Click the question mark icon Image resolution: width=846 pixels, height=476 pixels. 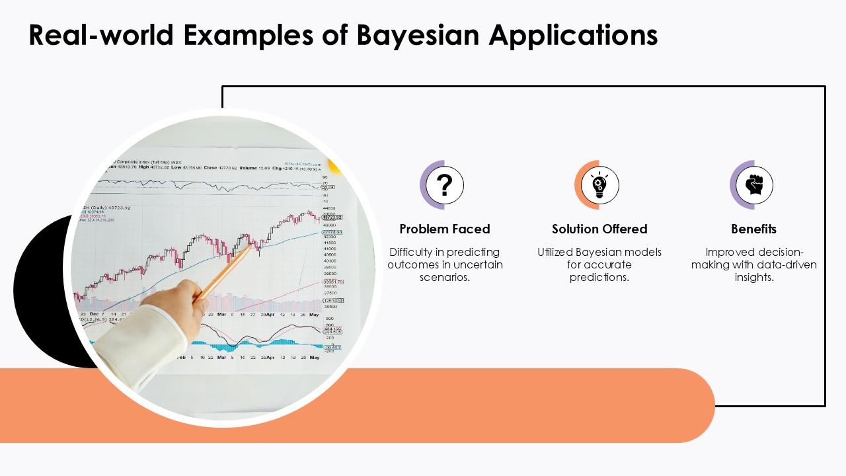445,185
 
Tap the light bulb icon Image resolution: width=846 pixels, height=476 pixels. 599,185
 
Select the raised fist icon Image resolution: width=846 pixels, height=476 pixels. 754,185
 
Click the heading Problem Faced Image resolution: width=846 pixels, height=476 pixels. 445,229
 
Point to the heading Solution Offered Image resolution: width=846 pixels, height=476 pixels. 599,229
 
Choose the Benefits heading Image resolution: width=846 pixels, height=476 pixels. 753,229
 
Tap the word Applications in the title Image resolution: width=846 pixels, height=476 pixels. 573,35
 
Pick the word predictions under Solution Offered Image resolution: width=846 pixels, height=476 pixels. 599,277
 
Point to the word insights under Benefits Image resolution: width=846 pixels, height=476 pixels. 753,277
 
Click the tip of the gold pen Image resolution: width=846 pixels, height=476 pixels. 250,246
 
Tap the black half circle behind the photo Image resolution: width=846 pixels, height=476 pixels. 40,291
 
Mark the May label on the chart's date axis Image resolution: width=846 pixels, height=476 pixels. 314,315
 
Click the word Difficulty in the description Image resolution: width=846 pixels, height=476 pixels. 410,252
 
